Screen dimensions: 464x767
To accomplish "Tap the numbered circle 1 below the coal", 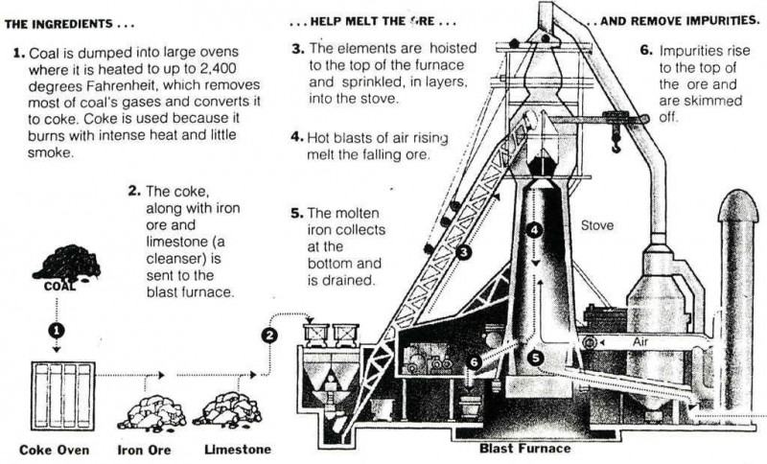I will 57,330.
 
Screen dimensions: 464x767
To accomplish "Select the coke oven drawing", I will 64,395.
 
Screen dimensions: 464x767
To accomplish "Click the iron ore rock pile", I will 151,411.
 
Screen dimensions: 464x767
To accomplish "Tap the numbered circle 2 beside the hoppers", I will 270,335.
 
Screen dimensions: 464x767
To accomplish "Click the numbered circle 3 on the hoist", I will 463,253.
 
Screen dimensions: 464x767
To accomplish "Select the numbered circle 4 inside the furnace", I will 535,230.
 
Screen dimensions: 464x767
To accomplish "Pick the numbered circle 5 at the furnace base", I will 536,358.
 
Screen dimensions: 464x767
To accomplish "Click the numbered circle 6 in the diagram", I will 475,361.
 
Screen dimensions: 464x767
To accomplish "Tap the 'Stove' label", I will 597,227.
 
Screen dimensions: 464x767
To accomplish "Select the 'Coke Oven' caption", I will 54,449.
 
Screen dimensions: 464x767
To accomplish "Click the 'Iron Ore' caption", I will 147,449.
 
